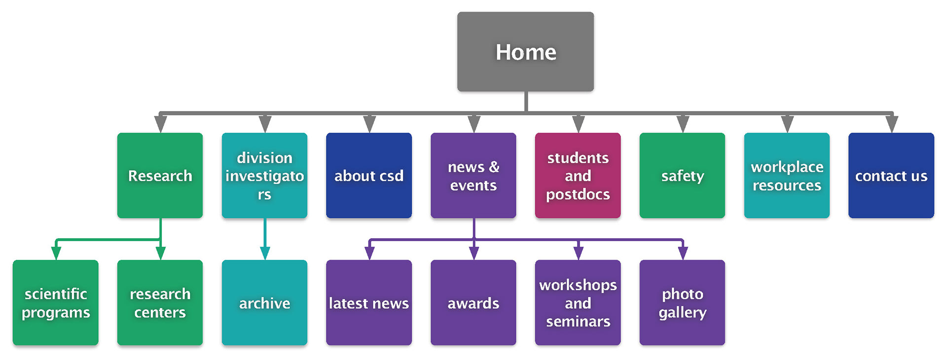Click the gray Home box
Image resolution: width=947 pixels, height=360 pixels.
tap(525, 52)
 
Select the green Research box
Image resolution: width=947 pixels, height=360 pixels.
tap(160, 176)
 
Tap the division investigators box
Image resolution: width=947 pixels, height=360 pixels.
tap(264, 176)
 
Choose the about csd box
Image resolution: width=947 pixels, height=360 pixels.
tap(369, 176)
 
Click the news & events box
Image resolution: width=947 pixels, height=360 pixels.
tap(473, 176)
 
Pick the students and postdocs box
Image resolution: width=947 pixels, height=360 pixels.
tap(578, 176)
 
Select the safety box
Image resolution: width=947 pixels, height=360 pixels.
tap(682, 176)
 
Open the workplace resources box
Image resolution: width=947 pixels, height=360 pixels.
tap(787, 176)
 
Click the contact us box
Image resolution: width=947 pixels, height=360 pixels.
tap(891, 176)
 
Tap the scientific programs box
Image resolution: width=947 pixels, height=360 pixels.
tap(56, 303)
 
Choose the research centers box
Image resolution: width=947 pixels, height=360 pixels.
tap(160, 303)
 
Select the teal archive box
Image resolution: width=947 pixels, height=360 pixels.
tap(264, 303)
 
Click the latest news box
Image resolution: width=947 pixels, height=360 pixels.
tap(369, 303)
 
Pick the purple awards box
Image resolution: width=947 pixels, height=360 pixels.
tap(473, 303)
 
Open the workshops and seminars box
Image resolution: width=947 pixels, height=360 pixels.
tap(578, 303)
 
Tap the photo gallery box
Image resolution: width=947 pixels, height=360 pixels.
tap(682, 303)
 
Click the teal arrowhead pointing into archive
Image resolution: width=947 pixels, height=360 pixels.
tap(265, 253)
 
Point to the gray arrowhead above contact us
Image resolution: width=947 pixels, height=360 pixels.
tap(892, 124)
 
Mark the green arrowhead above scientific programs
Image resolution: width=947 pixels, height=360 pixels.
tap(56, 253)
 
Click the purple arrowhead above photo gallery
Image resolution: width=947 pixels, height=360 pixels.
tap(683, 253)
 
